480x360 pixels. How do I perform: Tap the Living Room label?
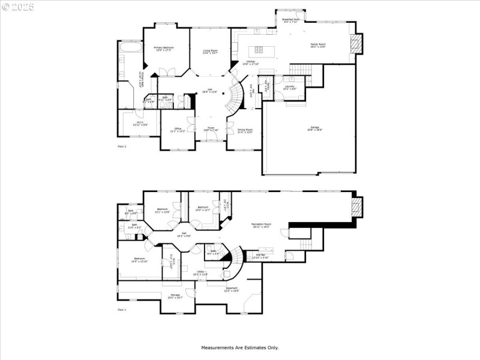tap(210, 52)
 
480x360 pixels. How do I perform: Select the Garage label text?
tap(314, 128)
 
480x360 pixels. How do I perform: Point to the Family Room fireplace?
tap(356, 43)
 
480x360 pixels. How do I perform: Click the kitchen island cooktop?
tap(259, 50)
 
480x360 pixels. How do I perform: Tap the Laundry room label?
tap(290, 87)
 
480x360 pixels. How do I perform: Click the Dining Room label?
tap(245, 130)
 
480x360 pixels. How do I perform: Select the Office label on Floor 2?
tap(178, 130)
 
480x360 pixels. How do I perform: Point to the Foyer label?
tap(211, 128)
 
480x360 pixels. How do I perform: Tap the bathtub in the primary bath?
tap(131, 46)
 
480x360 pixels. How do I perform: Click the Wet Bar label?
tap(261, 256)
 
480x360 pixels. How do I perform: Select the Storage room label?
tap(175, 296)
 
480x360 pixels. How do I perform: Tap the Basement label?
tap(232, 290)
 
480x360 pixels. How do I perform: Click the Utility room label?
tap(200, 273)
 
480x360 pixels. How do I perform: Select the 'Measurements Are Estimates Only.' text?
tap(239, 347)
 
